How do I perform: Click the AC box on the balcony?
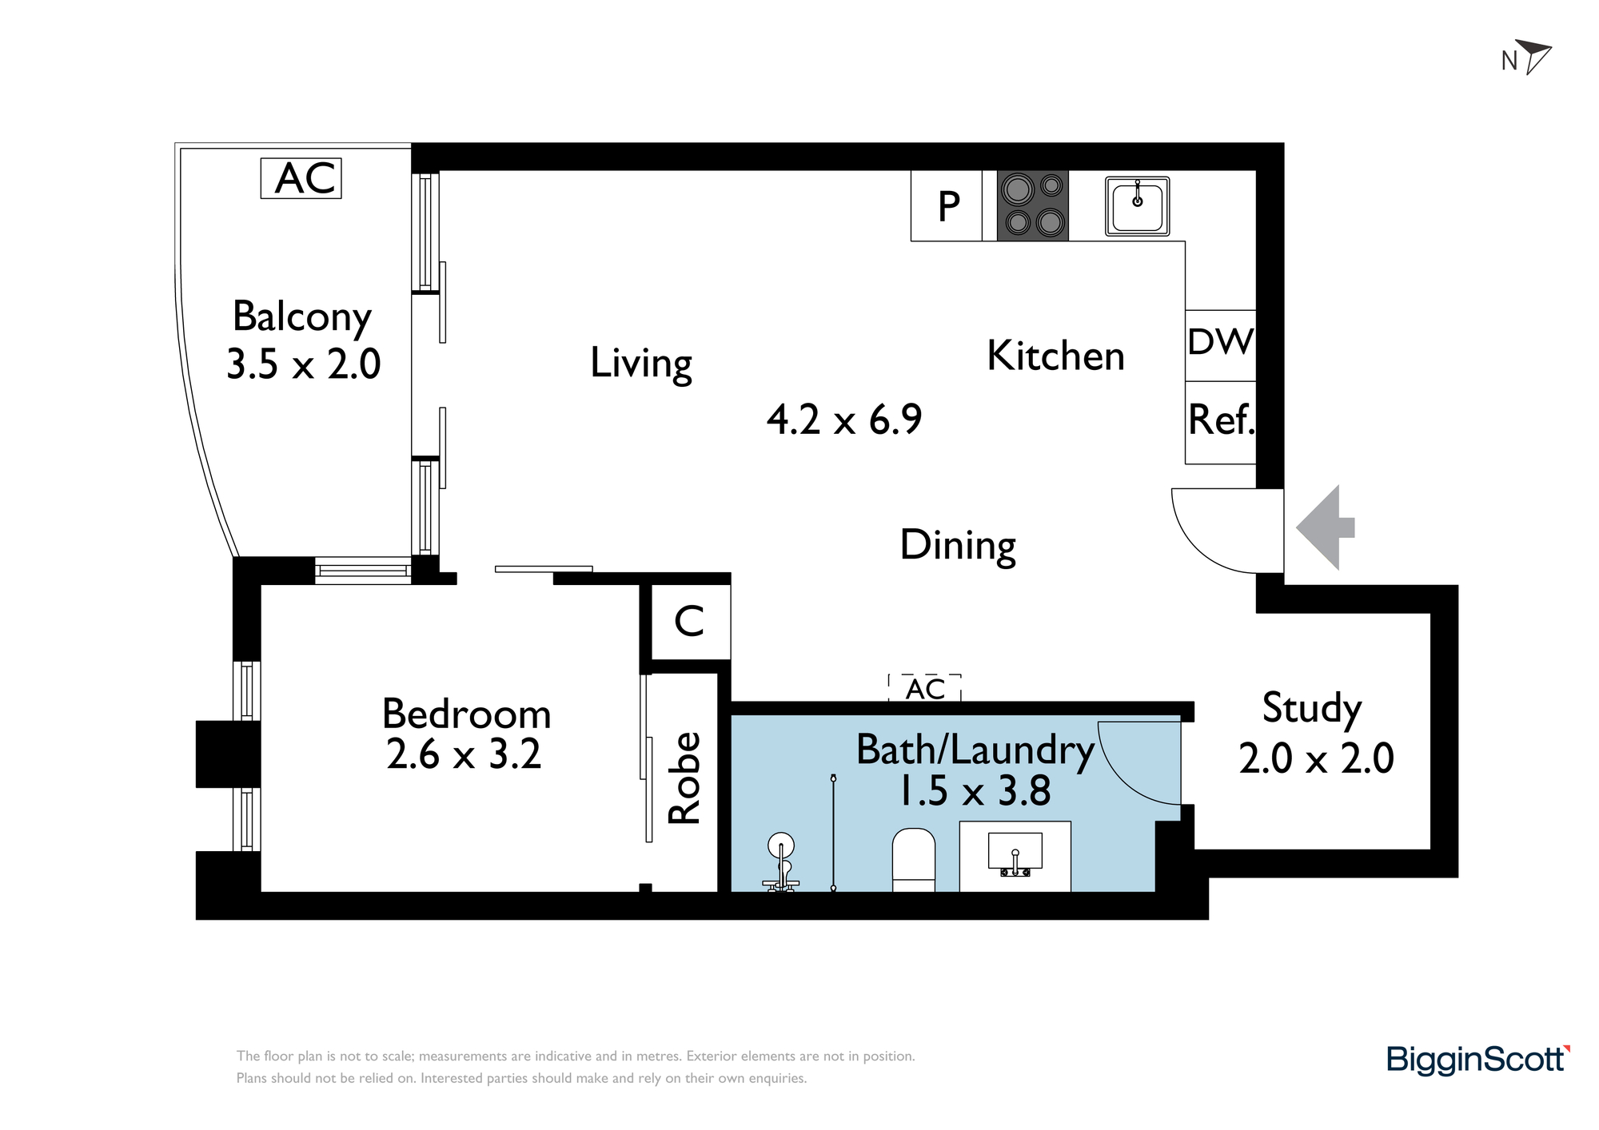[x=301, y=178]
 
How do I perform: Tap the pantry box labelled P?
[x=947, y=206]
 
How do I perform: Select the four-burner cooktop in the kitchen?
[x=1033, y=205]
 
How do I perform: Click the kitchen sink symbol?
[x=1138, y=206]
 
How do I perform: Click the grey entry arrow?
[x=1325, y=527]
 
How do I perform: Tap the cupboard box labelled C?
[x=691, y=622]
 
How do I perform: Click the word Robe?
[x=684, y=778]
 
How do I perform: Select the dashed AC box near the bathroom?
[x=925, y=688]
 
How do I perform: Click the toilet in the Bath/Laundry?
[x=914, y=860]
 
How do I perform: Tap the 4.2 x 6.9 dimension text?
[x=844, y=420]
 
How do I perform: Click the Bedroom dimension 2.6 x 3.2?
[x=464, y=754]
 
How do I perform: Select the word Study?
[x=1311, y=709]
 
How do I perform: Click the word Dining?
[x=958, y=547]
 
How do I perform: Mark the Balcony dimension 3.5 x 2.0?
[x=304, y=364]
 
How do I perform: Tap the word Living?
[x=641, y=364]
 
